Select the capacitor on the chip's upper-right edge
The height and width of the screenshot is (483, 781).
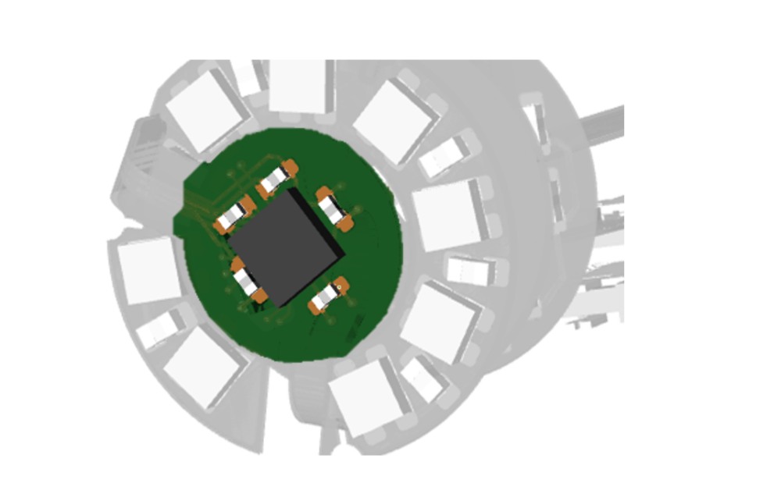click(334, 208)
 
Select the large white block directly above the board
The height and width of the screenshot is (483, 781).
click(298, 86)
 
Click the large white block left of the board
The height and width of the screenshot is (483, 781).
click(149, 270)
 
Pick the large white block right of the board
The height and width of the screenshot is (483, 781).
click(448, 215)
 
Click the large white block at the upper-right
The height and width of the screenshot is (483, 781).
click(392, 122)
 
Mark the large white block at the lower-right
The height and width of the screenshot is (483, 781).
click(439, 321)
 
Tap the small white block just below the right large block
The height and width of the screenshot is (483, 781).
click(471, 270)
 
